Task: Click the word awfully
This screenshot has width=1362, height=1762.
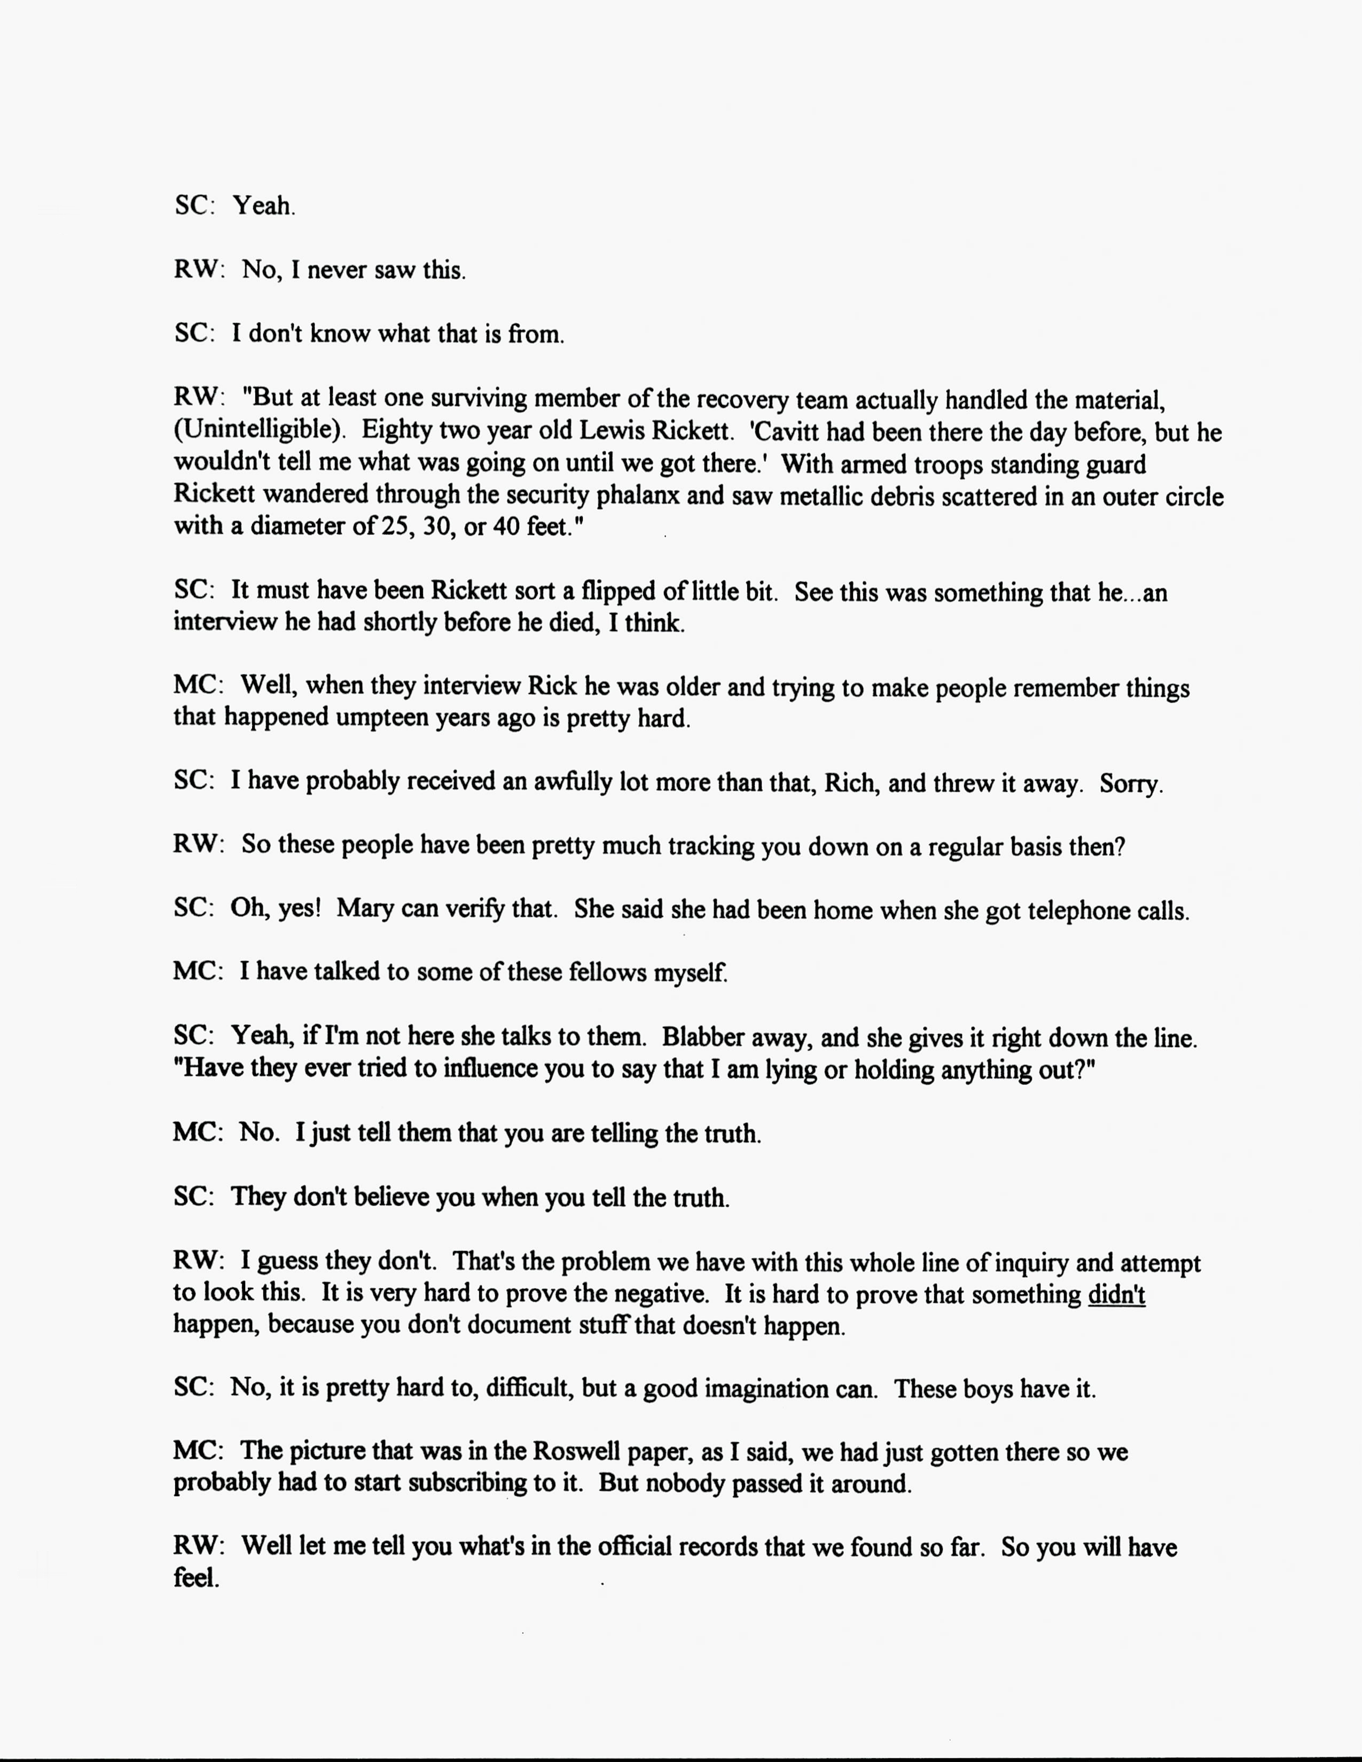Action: click(572, 783)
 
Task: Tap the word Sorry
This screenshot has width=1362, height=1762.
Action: click(1130, 784)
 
